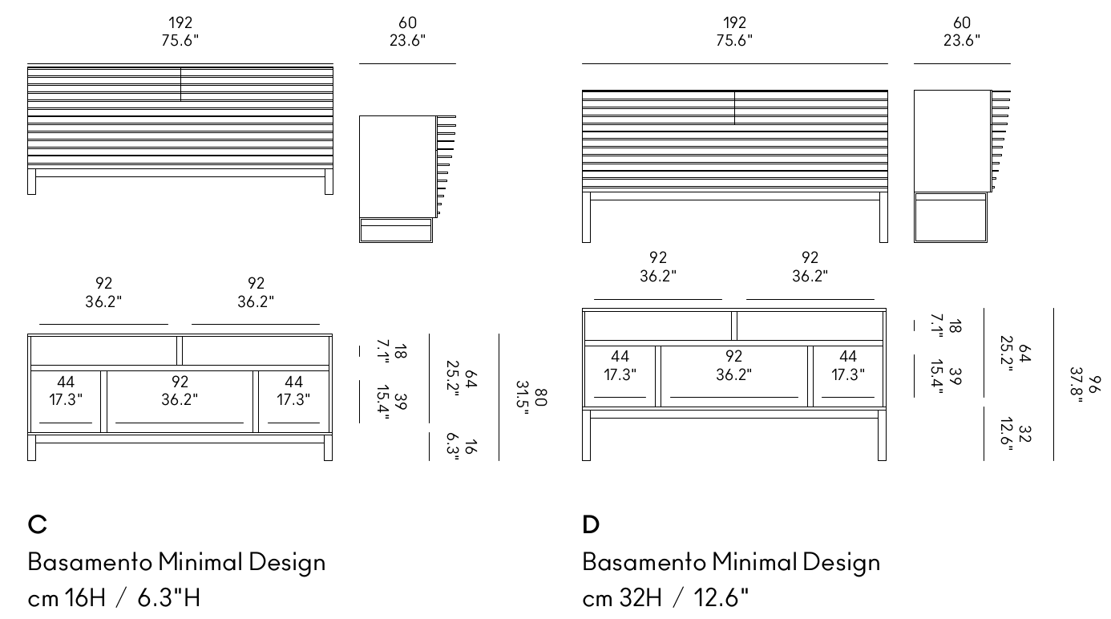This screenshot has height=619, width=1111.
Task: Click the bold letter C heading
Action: (37, 524)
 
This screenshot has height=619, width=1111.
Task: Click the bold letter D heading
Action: (591, 524)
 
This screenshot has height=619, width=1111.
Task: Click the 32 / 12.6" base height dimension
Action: (1016, 434)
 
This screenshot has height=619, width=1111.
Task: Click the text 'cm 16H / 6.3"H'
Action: (114, 597)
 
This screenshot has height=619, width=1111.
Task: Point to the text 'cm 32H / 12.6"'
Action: (665, 597)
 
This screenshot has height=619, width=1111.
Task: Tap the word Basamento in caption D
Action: (644, 562)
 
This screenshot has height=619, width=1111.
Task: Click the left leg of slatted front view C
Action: (31, 181)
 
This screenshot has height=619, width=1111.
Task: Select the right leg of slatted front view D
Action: (883, 217)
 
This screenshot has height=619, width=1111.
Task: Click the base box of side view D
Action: (951, 218)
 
